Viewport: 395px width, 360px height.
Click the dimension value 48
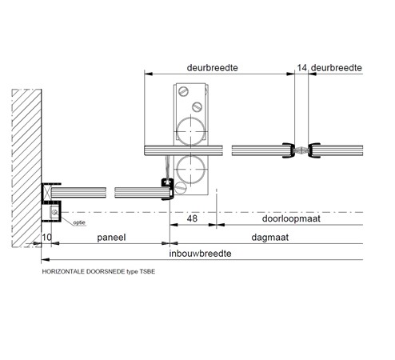192,218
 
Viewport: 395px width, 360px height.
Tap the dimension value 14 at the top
302,68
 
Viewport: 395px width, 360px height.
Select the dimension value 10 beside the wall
47,237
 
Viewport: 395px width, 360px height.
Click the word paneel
111,238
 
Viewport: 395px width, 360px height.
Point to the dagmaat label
270,238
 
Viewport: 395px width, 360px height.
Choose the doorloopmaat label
291,218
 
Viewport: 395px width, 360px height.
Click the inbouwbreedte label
200,254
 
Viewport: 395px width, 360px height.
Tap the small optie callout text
79,222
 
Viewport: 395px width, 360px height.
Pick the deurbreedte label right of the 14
337,68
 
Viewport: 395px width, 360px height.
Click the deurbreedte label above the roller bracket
212,68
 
